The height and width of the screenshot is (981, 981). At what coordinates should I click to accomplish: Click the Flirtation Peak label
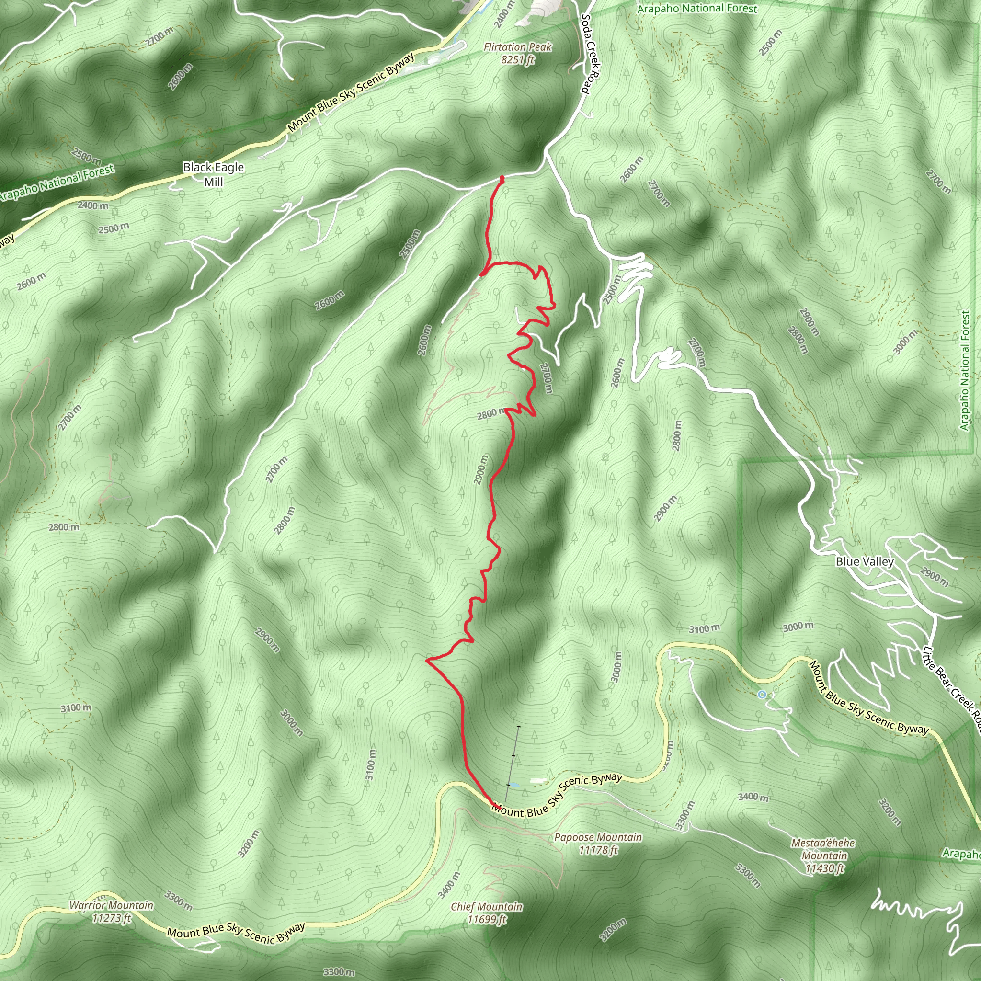517,47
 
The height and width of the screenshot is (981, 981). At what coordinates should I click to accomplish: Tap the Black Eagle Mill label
213,174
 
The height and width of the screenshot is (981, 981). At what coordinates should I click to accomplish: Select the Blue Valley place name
864,561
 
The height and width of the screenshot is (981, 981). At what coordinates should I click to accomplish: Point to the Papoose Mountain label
598,837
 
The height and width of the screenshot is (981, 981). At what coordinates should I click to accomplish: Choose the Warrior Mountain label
111,905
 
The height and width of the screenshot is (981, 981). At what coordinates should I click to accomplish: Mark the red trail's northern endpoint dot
502,178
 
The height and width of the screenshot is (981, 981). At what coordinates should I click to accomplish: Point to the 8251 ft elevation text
518,60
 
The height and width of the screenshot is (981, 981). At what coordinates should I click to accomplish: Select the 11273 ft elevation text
112,918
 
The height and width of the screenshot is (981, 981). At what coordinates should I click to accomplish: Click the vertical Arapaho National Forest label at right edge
965,371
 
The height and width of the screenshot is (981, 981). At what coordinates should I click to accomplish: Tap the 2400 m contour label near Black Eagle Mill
93,205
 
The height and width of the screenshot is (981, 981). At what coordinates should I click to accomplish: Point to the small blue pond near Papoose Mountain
514,785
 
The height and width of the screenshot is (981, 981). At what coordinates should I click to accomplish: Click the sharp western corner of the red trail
428,660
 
